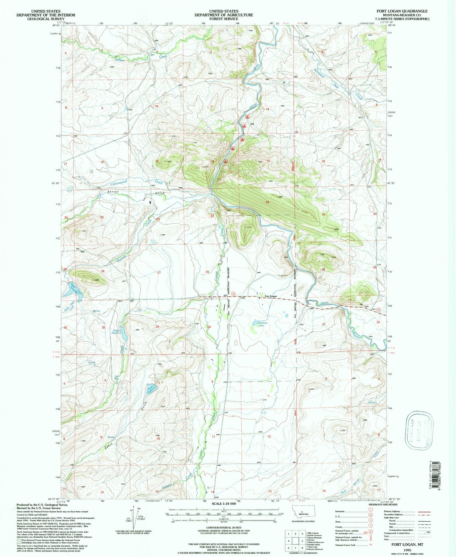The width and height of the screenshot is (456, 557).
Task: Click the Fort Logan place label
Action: (270, 296)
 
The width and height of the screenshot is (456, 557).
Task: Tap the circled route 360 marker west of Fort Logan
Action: (233, 293)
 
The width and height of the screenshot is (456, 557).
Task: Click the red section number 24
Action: (268, 202)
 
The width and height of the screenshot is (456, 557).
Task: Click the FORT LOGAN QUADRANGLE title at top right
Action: (402, 11)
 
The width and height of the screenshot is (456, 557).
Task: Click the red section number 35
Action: (209, 327)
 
